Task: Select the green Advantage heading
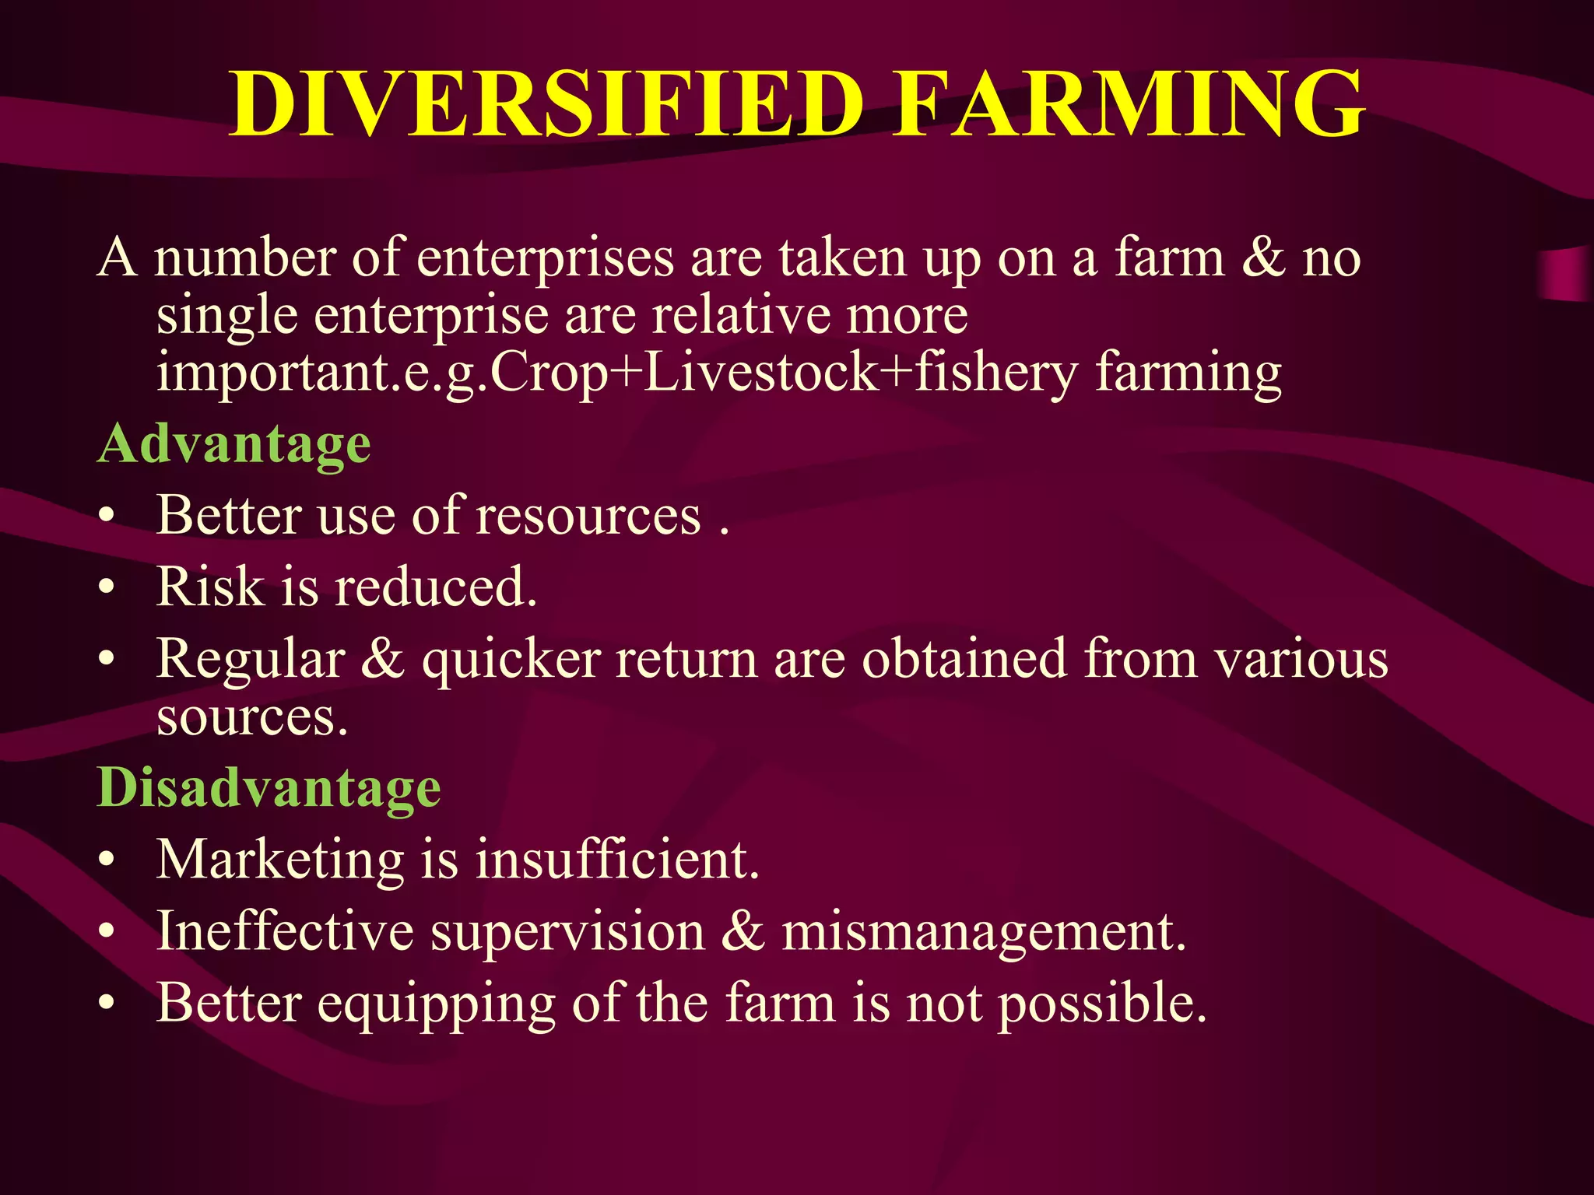point(233,444)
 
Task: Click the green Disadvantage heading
point(269,787)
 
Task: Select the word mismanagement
point(984,931)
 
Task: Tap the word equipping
point(436,1004)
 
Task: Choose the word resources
point(588,516)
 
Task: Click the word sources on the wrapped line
point(251,717)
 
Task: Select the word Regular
point(251,660)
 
